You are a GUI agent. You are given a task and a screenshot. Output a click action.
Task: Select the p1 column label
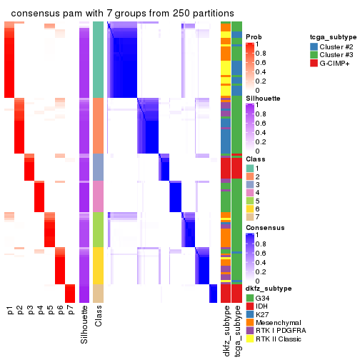9,311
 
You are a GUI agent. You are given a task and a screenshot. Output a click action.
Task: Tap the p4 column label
40,311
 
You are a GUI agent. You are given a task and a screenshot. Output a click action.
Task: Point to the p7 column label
70,311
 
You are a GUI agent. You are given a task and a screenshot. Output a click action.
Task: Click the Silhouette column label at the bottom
85,324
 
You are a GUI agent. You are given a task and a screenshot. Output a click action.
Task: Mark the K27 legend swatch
249,314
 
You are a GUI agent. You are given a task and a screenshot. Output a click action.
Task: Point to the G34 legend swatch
249,296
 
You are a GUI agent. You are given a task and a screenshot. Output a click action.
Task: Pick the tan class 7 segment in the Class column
99,294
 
